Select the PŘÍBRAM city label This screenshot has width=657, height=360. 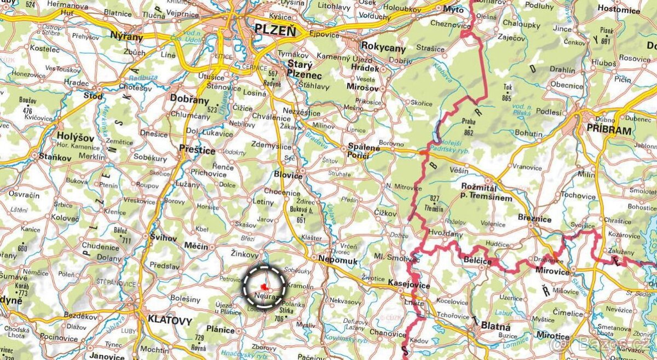click(x=608, y=130)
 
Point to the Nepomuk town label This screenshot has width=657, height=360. click(x=338, y=262)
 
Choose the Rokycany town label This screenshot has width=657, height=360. click(x=383, y=48)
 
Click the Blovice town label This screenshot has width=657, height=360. click(x=288, y=175)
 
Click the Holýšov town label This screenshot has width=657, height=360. click(x=76, y=138)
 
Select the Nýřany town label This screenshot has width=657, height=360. click(x=126, y=37)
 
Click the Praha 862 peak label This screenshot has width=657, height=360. click(x=468, y=127)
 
